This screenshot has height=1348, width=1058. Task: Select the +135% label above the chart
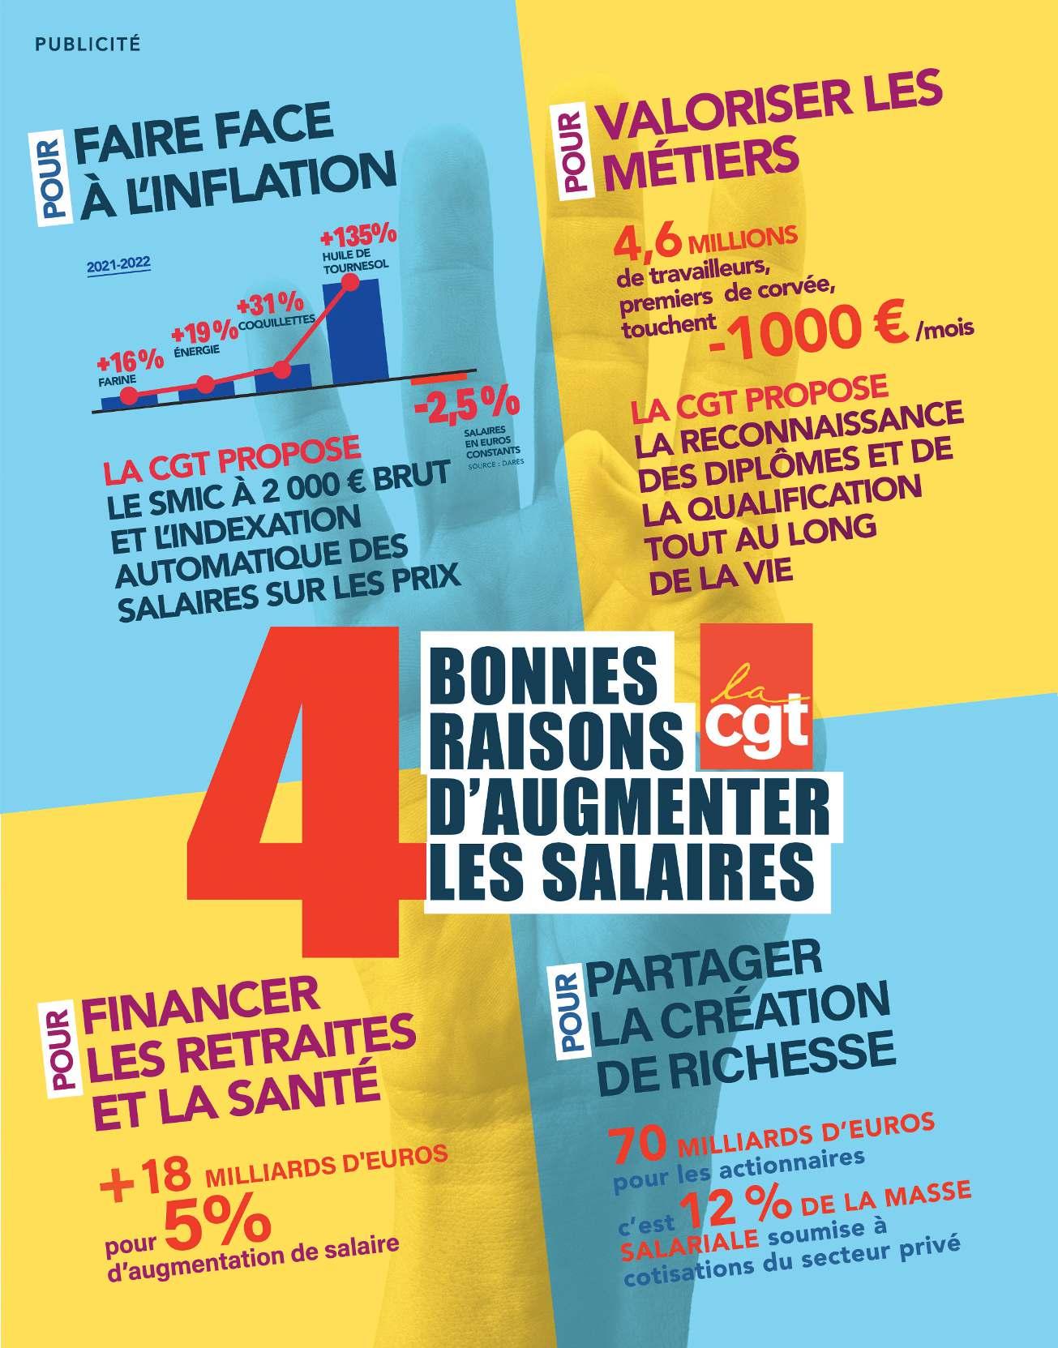(x=358, y=236)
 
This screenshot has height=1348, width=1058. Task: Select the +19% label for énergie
(x=199, y=333)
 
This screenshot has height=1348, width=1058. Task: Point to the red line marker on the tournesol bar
(x=350, y=283)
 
